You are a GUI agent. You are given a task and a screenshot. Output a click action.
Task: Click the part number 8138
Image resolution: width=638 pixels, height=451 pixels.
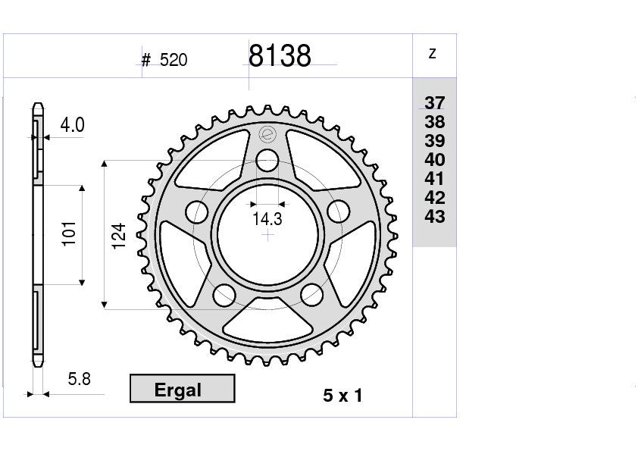280,57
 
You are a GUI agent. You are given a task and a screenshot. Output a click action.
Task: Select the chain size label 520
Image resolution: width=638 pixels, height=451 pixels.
174,61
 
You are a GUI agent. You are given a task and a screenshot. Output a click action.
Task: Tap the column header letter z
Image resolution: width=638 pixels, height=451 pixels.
432,54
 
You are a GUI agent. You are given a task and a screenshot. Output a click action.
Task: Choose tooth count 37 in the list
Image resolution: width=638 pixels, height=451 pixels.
435,104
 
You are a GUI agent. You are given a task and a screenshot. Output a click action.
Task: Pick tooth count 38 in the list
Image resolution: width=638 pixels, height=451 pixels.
435,123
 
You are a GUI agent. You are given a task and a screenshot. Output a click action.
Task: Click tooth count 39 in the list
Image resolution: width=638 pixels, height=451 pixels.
435,142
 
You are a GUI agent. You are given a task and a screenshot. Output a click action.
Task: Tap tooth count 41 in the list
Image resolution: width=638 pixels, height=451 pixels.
435,180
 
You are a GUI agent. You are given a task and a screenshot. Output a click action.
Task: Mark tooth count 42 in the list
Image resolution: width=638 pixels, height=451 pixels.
435,199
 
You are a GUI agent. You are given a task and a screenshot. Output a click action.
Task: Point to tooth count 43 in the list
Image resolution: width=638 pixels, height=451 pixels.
435,218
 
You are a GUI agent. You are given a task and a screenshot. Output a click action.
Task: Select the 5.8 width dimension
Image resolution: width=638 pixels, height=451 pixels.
78,379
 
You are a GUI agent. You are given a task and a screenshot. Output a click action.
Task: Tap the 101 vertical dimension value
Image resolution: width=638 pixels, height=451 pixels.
69,234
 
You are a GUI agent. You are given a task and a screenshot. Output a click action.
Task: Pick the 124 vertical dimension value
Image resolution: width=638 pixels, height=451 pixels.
117,236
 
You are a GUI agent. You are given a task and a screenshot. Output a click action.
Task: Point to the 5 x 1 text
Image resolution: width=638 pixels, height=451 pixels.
342,396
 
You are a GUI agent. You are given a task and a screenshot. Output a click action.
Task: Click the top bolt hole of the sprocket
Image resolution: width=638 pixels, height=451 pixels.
267,161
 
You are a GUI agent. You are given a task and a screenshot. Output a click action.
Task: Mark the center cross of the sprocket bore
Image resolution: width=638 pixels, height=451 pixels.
267,235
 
